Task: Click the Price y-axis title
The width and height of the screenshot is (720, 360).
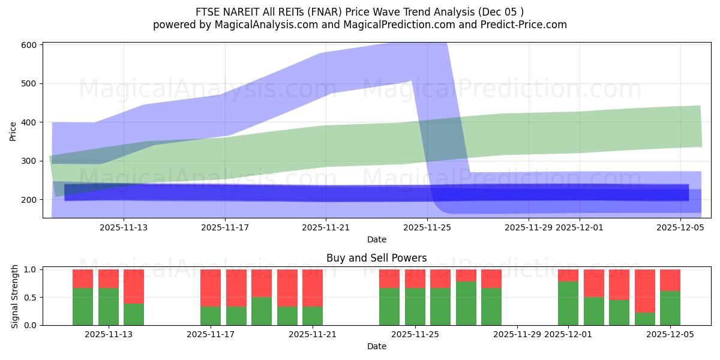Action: (x=13, y=130)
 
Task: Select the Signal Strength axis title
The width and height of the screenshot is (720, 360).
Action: (x=16, y=298)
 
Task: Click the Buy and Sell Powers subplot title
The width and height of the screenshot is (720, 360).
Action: (x=376, y=258)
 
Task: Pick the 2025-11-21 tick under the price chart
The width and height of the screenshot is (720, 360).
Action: (x=326, y=227)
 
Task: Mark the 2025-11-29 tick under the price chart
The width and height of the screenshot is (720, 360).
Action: (x=529, y=227)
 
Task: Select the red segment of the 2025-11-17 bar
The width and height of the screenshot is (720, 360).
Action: (x=211, y=288)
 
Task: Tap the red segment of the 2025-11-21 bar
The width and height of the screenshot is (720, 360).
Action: (x=313, y=288)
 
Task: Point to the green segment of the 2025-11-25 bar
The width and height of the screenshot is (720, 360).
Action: (x=415, y=307)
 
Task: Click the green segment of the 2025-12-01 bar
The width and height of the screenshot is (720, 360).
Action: (x=568, y=304)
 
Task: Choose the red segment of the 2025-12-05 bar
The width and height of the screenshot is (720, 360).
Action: (x=670, y=280)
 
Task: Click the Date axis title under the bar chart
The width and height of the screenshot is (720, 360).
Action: (x=376, y=346)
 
